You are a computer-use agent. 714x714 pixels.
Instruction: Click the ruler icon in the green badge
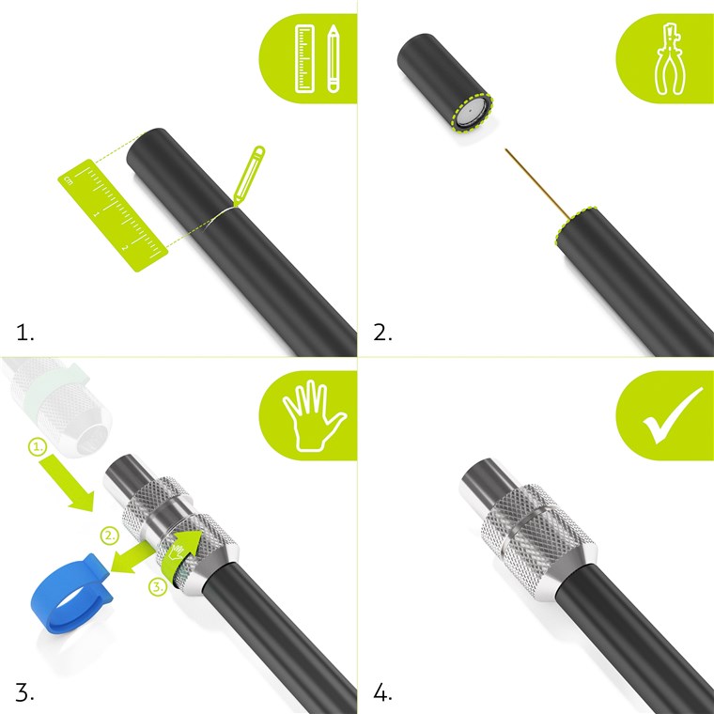tap(304, 59)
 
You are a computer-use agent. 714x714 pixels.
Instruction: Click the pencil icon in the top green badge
tap(334, 59)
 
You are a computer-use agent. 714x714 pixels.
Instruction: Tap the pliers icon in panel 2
tap(669, 59)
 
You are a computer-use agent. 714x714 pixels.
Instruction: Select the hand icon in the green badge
tap(314, 415)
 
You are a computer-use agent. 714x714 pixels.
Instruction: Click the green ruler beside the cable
tap(113, 215)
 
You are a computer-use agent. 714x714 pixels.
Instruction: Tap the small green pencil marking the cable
tap(249, 175)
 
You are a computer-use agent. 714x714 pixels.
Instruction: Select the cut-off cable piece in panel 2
tap(445, 84)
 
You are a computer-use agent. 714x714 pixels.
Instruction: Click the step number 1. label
tap(25, 333)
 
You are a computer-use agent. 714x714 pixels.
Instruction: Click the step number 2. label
tap(382, 333)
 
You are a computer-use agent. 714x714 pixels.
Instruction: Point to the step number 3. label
tap(25, 692)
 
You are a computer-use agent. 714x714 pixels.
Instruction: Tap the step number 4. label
tap(382, 692)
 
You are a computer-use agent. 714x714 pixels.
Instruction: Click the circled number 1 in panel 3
tap(38, 446)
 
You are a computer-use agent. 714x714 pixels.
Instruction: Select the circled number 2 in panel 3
tap(109, 535)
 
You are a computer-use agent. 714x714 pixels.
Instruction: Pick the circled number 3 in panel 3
tap(158, 587)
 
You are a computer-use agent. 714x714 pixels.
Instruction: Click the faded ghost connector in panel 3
tap(57, 405)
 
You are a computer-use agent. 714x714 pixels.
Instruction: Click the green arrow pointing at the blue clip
tap(133, 557)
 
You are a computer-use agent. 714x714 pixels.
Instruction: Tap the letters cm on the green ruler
tap(69, 180)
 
